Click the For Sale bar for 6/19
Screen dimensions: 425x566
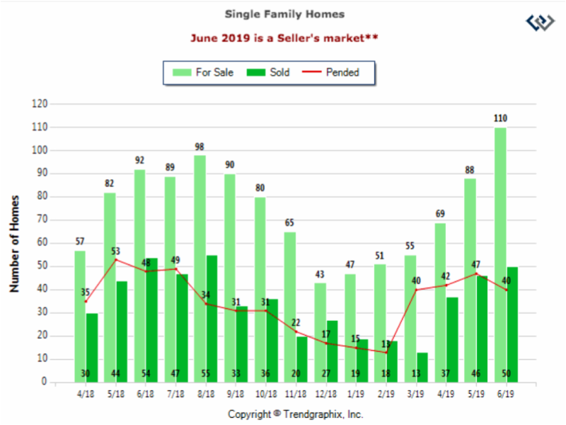(x=499, y=255)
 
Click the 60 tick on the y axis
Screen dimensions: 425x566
(x=42, y=243)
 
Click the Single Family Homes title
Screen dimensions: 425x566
(x=285, y=13)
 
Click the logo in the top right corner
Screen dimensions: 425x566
(x=541, y=21)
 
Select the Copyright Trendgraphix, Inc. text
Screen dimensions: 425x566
(x=296, y=414)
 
